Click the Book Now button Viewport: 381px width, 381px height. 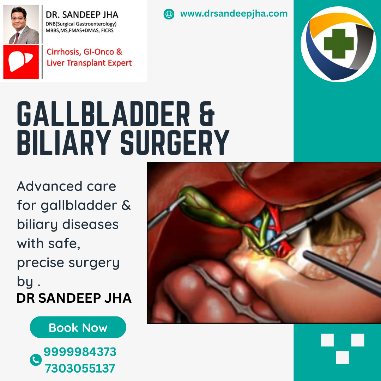click(x=78, y=327)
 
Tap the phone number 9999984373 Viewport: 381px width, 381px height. click(x=80, y=352)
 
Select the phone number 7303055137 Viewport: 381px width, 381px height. click(x=80, y=368)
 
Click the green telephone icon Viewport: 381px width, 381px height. click(x=36, y=360)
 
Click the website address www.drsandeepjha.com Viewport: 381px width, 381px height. click(x=234, y=14)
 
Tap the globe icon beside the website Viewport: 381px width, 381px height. click(x=169, y=14)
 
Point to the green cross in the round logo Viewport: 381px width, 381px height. click(x=339, y=44)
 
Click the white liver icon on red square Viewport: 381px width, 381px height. click(x=20, y=61)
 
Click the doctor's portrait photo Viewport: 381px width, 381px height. click(x=21, y=25)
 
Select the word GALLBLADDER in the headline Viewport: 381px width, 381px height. click(x=103, y=114)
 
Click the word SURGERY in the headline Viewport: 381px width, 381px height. click(x=175, y=143)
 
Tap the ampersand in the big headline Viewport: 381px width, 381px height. click(x=207, y=114)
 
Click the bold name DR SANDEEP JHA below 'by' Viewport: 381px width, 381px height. click(x=74, y=298)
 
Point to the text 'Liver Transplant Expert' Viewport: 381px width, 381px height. click(x=89, y=63)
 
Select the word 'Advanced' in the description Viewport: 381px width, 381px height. click(x=50, y=186)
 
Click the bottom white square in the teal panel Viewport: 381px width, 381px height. click(x=342, y=357)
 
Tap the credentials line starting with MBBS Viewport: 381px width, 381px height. click(x=80, y=30)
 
